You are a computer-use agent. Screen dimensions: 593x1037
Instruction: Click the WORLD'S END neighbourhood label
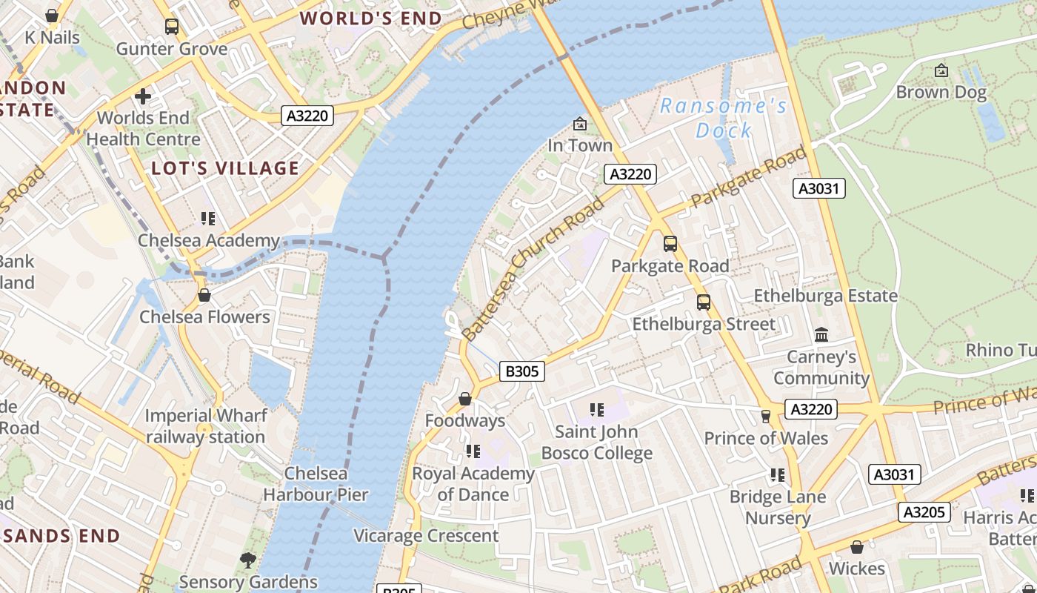(x=370, y=19)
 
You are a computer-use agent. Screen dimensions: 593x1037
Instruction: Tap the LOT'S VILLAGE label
(x=225, y=168)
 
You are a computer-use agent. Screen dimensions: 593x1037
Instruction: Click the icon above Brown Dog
(x=941, y=70)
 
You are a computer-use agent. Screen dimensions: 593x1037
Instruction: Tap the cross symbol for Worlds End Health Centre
(x=143, y=96)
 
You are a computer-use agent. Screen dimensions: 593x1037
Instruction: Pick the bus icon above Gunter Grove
(x=172, y=27)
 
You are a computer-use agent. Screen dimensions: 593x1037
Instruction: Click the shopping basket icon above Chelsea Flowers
(x=204, y=295)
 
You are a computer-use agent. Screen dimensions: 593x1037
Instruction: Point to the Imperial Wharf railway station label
(x=205, y=426)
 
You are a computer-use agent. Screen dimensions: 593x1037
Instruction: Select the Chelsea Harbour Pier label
(x=316, y=484)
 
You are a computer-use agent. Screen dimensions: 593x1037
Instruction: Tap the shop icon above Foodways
(x=465, y=399)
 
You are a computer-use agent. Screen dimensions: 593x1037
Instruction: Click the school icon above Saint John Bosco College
(x=597, y=409)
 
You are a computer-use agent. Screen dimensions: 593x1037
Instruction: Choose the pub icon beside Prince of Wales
(x=766, y=417)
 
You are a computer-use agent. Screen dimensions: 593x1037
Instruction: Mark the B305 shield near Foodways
(x=522, y=371)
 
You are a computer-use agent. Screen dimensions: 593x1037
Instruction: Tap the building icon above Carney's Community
(x=821, y=335)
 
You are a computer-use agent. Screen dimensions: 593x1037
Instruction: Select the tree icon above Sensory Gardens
(x=248, y=560)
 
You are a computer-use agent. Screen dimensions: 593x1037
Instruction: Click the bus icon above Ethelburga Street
(x=703, y=302)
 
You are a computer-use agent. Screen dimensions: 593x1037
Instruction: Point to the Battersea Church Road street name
(x=533, y=270)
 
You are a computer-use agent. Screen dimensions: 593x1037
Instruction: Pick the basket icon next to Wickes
(x=857, y=547)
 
